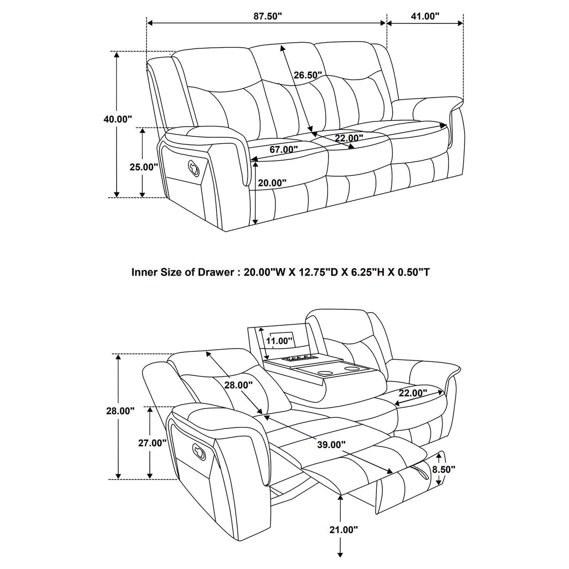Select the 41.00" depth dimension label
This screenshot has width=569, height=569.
point(425,16)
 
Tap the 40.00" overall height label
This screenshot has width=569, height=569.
point(118,119)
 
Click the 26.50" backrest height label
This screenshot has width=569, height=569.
point(308,75)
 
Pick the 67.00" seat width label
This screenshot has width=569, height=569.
point(284,150)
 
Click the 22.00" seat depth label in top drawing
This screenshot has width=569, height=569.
point(349,138)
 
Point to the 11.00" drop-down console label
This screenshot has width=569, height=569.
point(279,341)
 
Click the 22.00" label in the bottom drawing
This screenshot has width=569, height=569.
point(413,393)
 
